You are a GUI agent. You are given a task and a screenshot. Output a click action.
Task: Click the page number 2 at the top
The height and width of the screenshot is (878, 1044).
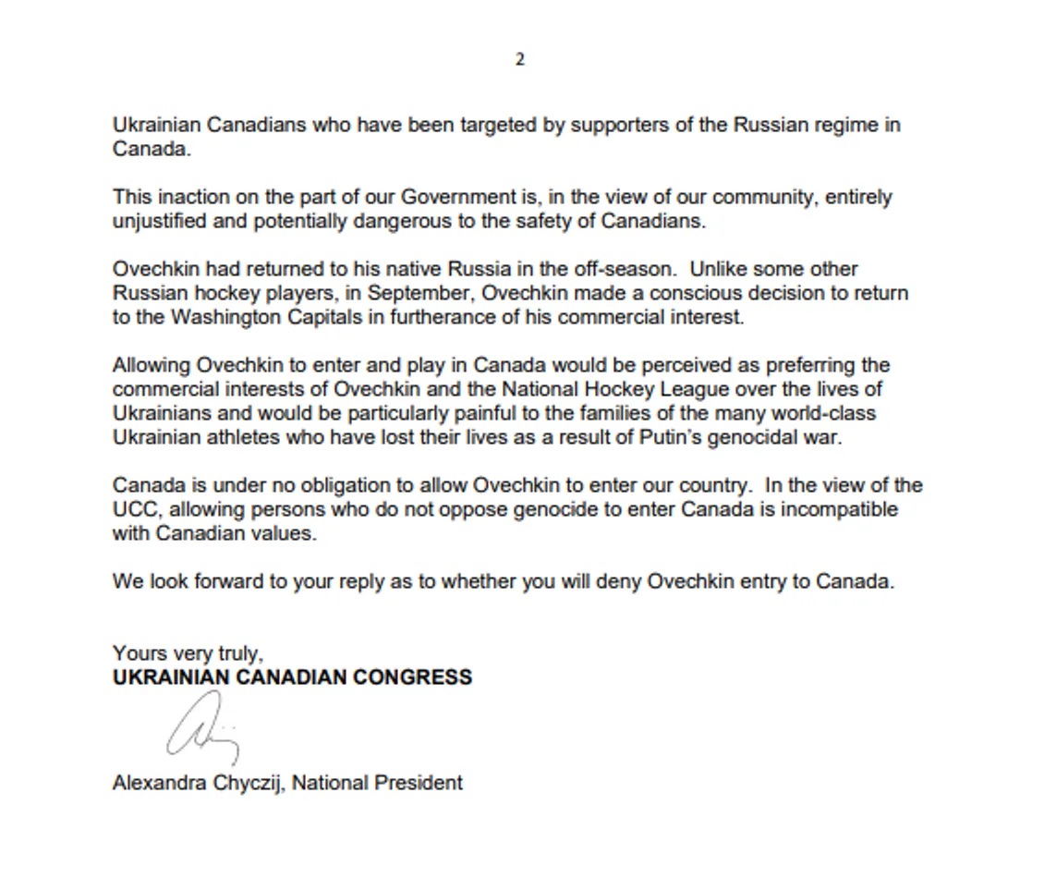[x=519, y=60]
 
